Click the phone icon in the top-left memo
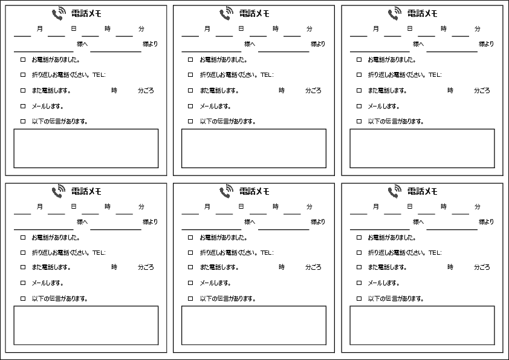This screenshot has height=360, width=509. coord(59,13)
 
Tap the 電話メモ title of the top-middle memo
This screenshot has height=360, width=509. coord(254,13)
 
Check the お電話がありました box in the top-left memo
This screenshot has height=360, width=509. coord(23,60)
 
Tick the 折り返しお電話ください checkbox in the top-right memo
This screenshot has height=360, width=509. coord(359,75)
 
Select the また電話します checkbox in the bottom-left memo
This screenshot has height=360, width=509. coord(23,267)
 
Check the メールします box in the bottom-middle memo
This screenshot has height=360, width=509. coord(190,283)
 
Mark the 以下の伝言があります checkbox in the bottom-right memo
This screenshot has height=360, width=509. coord(359,298)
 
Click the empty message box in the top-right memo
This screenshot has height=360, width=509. coord(422,148)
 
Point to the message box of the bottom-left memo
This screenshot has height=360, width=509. coord(86,326)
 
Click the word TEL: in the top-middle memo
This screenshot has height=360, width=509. coord(267,75)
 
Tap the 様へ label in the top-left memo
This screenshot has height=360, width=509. coord(82,44)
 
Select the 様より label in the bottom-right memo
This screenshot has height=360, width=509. coord(486,222)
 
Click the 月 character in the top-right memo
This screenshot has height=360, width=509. coord(375,28)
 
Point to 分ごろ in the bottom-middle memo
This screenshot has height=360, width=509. coord(313,267)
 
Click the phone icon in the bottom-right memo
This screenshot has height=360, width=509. coord(395,191)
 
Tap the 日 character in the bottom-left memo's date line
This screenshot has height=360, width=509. coord(73,207)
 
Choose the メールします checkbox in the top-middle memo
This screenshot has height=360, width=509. coord(190,106)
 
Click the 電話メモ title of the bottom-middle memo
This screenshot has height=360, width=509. coord(254,191)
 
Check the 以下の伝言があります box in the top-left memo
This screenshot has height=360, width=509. coord(23,122)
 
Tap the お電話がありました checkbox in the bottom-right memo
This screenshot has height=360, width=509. coord(359,238)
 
